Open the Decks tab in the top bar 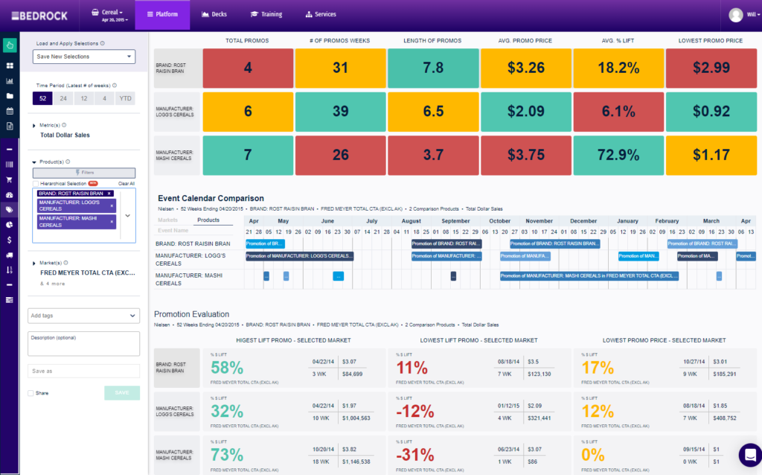tap(215, 14)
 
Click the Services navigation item tap(321, 14)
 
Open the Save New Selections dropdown tap(84, 57)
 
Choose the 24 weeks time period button tap(63, 99)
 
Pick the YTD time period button tap(125, 99)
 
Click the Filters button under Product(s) tap(84, 172)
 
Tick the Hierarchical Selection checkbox tap(36, 183)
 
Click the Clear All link tap(127, 183)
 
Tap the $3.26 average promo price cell tap(525, 68)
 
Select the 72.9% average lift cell tap(618, 155)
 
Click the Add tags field tap(84, 316)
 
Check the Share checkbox tap(31, 393)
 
